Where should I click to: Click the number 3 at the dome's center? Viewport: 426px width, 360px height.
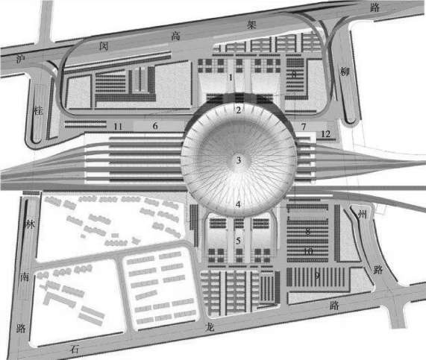239,160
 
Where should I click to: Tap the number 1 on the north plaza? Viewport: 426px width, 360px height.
231,78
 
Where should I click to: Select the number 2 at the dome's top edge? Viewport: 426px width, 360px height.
239,110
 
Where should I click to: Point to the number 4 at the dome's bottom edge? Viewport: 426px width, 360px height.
238,204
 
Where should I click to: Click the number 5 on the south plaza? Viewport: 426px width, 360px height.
238,241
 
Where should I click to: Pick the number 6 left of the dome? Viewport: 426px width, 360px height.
155,126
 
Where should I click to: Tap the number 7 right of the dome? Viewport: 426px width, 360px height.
304,127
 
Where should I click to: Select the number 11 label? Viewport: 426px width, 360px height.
118,127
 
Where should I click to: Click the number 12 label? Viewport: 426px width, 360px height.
326,134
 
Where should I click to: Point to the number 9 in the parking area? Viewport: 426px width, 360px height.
317,276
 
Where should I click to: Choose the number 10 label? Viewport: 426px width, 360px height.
308,251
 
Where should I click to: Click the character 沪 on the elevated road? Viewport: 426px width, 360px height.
21,59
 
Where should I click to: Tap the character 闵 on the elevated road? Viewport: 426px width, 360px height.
104,45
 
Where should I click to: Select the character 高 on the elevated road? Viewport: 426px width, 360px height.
175,36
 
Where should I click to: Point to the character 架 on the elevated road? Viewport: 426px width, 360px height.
251,25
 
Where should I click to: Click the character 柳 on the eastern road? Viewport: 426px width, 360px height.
345,72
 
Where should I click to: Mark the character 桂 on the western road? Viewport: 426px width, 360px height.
38,110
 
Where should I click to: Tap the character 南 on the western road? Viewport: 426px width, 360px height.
25,277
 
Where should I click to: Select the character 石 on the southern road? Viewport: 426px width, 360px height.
74,349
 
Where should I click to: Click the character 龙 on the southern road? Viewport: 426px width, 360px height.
210,327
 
